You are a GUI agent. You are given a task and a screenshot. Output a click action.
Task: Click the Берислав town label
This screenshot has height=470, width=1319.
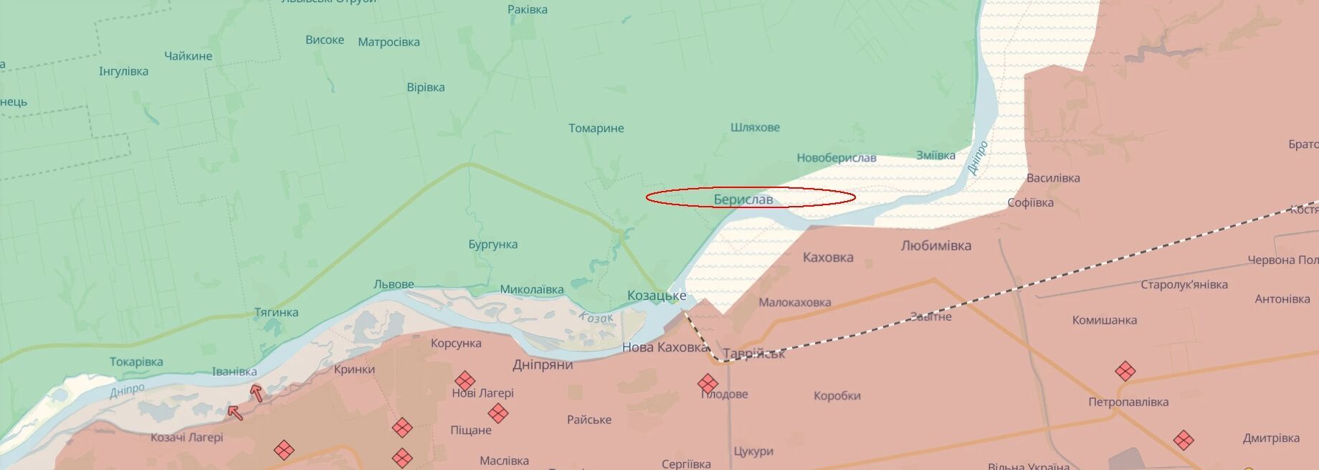coord(743,199)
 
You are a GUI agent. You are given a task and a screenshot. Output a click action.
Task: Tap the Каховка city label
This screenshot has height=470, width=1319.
coord(828,258)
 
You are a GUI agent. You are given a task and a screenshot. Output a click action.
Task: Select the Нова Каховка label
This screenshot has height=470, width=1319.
coord(665,347)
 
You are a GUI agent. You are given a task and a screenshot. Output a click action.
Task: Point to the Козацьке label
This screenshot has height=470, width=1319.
coord(657,296)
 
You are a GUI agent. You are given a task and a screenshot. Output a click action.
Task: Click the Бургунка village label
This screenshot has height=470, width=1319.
coord(493,245)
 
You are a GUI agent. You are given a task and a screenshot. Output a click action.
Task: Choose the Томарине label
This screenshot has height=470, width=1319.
coord(596,128)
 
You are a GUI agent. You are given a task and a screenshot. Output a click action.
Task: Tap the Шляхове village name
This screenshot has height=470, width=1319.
coord(755,128)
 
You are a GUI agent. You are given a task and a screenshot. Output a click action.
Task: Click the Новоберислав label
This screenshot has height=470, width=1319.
coord(836,158)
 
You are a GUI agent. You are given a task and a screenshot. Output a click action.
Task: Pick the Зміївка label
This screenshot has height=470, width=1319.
coord(935,156)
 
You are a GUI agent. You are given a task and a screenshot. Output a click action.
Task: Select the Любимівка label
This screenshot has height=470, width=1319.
coord(935,246)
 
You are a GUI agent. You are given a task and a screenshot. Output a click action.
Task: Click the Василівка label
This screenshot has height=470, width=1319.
coord(1053,178)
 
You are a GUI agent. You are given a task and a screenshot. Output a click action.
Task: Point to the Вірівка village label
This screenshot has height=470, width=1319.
coord(426,88)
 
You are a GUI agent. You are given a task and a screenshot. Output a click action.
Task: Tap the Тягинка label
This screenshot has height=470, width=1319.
coord(276,313)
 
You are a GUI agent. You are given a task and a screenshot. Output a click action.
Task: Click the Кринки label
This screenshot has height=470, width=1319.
coord(354,370)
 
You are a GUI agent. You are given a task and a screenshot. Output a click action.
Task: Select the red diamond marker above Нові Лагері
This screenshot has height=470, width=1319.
coord(465,381)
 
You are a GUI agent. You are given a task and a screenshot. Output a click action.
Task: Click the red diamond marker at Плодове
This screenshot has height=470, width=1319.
coord(708,383)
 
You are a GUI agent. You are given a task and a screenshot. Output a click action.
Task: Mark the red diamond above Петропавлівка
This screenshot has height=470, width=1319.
coord(1125,371)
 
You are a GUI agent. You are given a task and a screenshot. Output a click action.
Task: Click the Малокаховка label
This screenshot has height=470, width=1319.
coord(794,303)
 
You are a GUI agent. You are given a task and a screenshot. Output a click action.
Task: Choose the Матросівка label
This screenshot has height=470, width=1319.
coord(389,42)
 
